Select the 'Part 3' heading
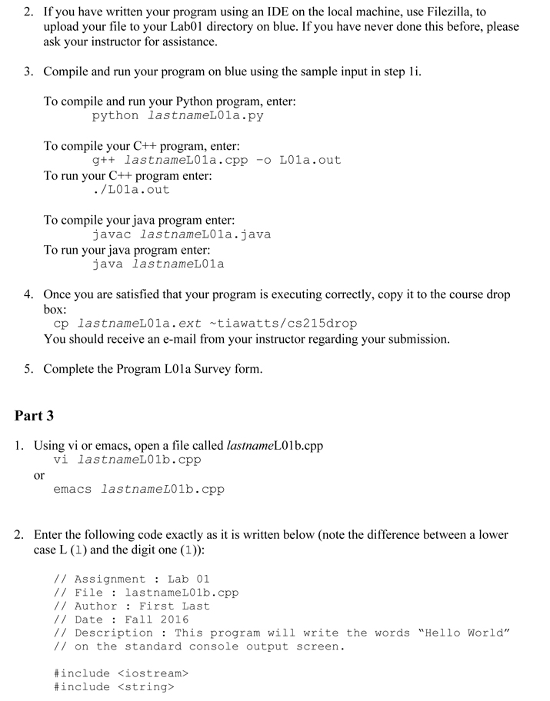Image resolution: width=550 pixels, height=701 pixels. coord(35,416)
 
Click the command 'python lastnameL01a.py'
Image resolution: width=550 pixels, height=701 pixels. coord(178,116)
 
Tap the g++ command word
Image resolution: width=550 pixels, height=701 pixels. coord(104,161)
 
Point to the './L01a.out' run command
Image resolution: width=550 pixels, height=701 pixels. coord(131,189)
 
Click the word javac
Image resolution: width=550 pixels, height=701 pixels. coord(112,234)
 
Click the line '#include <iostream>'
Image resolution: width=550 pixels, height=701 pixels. coord(121,673)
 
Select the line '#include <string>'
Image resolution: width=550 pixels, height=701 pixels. coord(114,687)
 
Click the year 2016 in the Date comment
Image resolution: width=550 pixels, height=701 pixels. coord(175,620)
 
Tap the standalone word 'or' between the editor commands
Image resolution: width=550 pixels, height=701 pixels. coord(39,475)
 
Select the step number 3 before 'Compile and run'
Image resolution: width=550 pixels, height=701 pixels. coord(28,71)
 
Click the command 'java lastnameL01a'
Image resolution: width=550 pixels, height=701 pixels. coord(158,264)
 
